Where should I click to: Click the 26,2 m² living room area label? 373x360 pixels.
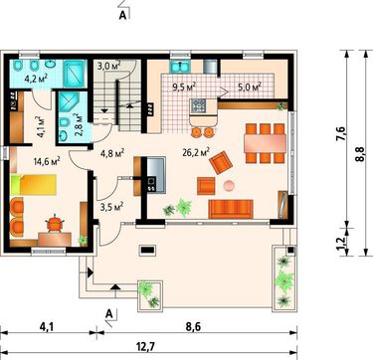coord(196,152)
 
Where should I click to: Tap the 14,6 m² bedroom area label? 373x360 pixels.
coord(47,161)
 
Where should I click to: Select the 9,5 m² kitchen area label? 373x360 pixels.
coord(184,88)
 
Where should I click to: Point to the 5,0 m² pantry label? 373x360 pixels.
coord(249,88)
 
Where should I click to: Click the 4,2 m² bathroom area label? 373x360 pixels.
coord(36,79)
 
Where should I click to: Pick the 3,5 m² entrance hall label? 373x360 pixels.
coord(111,207)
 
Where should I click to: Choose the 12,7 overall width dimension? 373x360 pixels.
coord(145,347)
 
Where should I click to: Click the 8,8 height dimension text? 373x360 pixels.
coord(360,154)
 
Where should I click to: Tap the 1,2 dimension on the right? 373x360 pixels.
coord(342,243)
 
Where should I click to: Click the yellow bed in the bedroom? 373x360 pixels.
coord(33,185)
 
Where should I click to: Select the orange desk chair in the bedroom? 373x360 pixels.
coord(54,223)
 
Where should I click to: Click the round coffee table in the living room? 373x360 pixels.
coord(230,186)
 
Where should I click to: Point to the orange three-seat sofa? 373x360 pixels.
coord(231,209)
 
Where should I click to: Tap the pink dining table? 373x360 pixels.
coord(265,143)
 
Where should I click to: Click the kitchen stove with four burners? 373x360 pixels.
coord(199,106)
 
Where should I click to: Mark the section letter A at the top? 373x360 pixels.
coord(122,16)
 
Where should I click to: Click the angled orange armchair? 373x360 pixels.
coord(221,162)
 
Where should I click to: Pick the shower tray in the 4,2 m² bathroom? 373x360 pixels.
coord(75,74)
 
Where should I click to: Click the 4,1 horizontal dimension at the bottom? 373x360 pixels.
coord(47,327)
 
